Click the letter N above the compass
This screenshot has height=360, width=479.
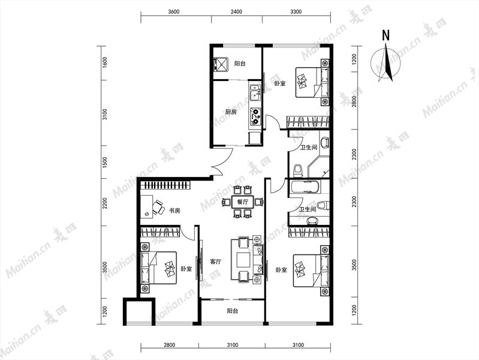pyautogui.click(x=386, y=35)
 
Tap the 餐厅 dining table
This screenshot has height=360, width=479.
pyautogui.click(x=243, y=202)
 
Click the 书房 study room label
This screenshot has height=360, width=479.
pyautogui.click(x=174, y=211)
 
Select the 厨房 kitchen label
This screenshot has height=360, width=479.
pyautogui.click(x=231, y=112)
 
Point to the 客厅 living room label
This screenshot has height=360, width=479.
pyautogui.click(x=216, y=262)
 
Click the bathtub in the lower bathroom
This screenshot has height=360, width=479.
pyautogui.click(x=305, y=187)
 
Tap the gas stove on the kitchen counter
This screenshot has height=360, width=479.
pyautogui.click(x=255, y=116)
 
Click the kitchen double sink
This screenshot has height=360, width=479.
pyautogui.click(x=255, y=92)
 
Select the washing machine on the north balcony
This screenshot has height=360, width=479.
pyautogui.click(x=220, y=65)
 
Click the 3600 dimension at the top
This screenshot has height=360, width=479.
pyautogui.click(x=173, y=12)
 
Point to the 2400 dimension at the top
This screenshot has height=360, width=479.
pyautogui.click(x=236, y=12)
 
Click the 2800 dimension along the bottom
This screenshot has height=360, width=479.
pyautogui.click(x=169, y=346)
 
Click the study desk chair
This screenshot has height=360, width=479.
pyautogui.click(x=158, y=207)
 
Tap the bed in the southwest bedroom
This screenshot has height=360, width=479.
pyautogui.click(x=159, y=268)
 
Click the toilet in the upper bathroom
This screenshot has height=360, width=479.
pyautogui.click(x=298, y=170)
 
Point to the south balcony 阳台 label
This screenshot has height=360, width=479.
pyautogui.click(x=233, y=311)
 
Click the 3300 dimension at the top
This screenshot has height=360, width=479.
pyautogui.click(x=296, y=12)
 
